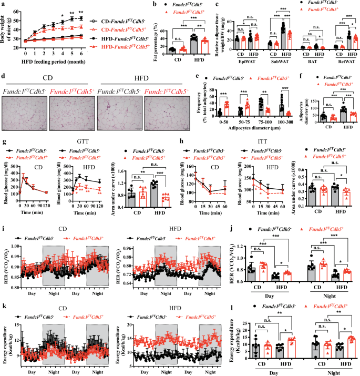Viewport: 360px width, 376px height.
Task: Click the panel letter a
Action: click(3, 4)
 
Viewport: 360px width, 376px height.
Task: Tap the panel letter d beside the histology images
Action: click(3, 76)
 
